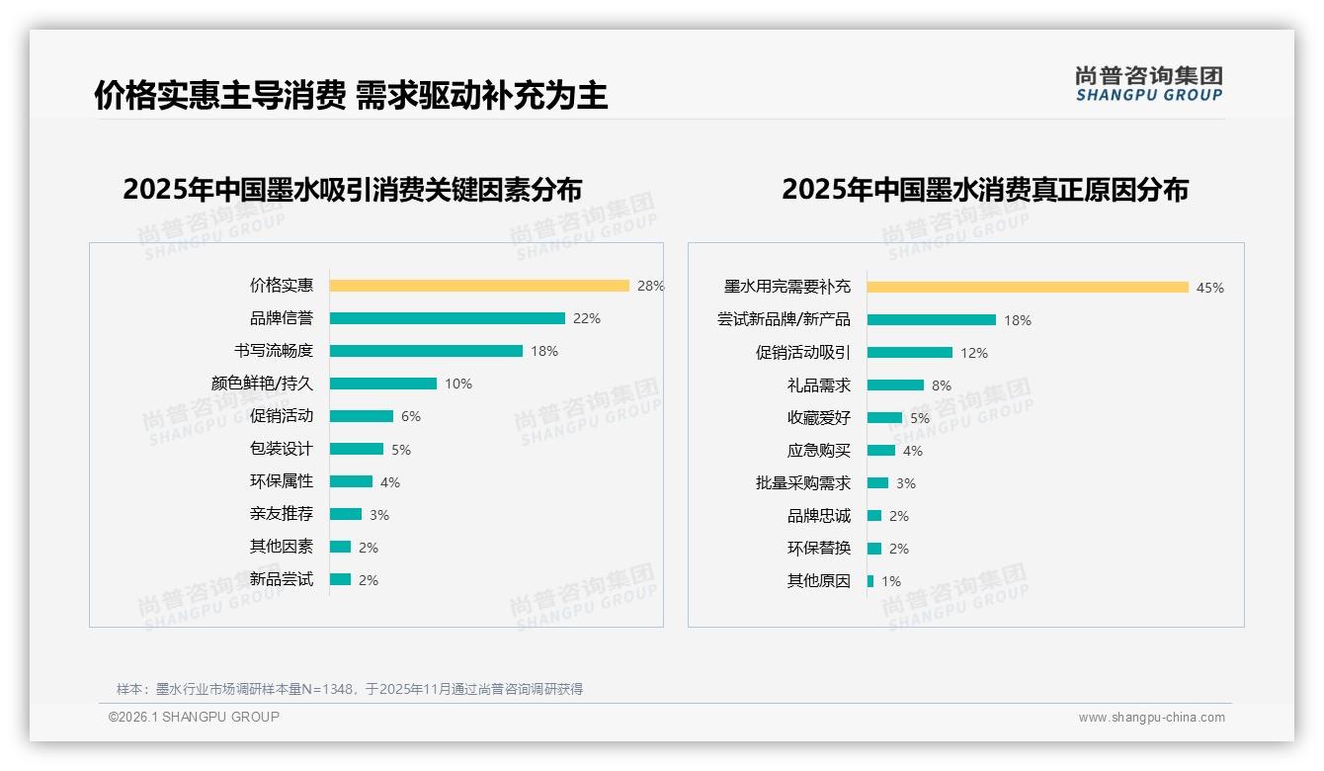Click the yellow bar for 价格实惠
click(x=479, y=286)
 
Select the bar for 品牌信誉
click(x=447, y=318)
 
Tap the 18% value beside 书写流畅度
click(x=544, y=351)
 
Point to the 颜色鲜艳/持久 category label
click(x=262, y=384)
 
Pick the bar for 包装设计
click(x=357, y=449)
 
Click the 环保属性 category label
click(x=282, y=481)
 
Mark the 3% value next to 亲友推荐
click(x=379, y=515)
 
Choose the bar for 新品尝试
click(x=341, y=579)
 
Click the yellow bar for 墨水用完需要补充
click(x=1028, y=288)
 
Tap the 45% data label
click(x=1210, y=288)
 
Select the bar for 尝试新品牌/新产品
click(x=932, y=319)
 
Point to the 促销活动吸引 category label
click(x=803, y=353)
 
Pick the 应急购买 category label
click(x=819, y=451)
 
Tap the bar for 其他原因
click(x=870, y=581)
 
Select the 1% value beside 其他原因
click(x=891, y=581)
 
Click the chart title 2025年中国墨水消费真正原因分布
click(x=984, y=190)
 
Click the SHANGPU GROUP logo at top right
click(x=1149, y=84)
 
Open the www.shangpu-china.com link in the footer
click(x=1151, y=718)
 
